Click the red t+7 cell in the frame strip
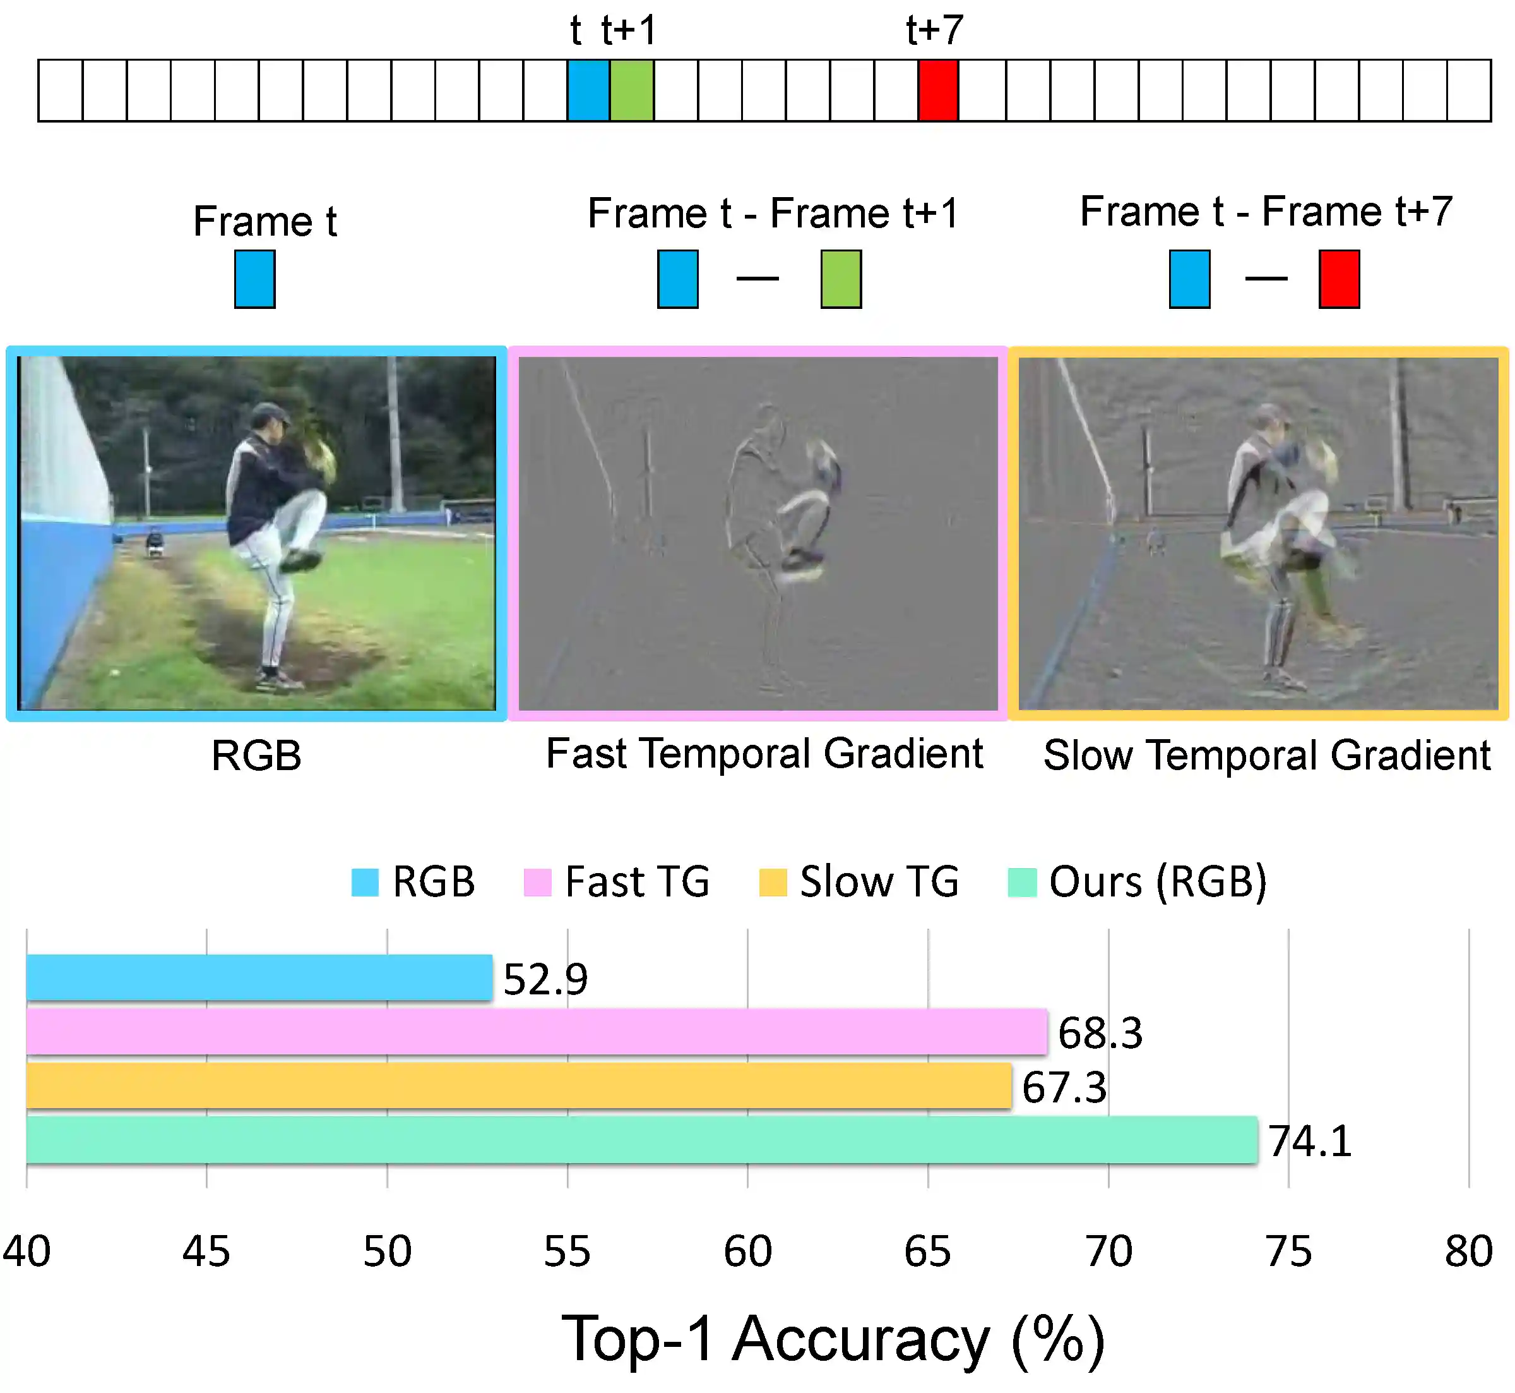pyautogui.click(x=938, y=90)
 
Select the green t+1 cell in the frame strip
pyautogui.click(x=631, y=90)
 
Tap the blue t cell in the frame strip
pyautogui.click(x=588, y=90)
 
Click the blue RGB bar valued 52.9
pyautogui.click(x=259, y=978)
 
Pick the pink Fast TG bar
pyautogui.click(x=537, y=1031)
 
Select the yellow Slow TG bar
pyautogui.click(x=518, y=1085)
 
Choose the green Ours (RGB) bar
pyautogui.click(x=642, y=1140)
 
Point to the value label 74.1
pyautogui.click(x=1310, y=1141)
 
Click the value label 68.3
pyautogui.click(x=1100, y=1033)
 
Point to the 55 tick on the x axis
pyautogui.click(x=567, y=1252)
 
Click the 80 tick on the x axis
pyautogui.click(x=1468, y=1252)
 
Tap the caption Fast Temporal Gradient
pyautogui.click(x=764, y=753)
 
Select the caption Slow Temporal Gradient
pyautogui.click(x=1266, y=756)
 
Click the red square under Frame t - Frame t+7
pyautogui.click(x=1339, y=279)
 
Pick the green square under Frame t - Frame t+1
pyautogui.click(x=841, y=279)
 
